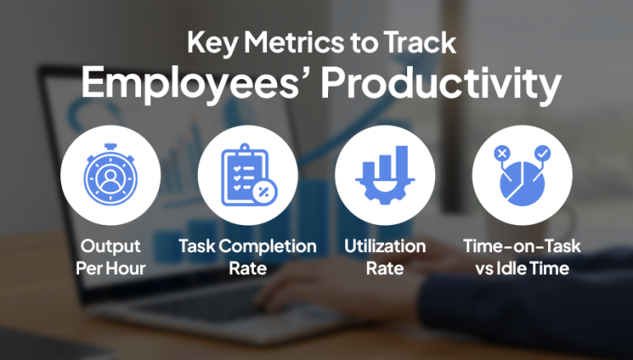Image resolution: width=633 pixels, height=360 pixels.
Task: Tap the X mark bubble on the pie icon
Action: point(500,153)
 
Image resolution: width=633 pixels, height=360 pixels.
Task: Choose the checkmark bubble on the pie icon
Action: point(541,153)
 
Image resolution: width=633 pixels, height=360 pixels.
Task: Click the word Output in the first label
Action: point(110,246)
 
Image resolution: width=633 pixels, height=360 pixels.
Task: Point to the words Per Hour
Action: point(110,268)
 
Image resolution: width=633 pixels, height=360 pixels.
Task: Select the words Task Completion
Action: point(247,246)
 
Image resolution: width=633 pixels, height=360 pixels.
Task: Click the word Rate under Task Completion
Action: point(247,268)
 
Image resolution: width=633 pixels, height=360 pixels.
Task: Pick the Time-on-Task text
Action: point(520,246)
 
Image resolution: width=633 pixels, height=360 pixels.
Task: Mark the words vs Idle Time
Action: point(520,268)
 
